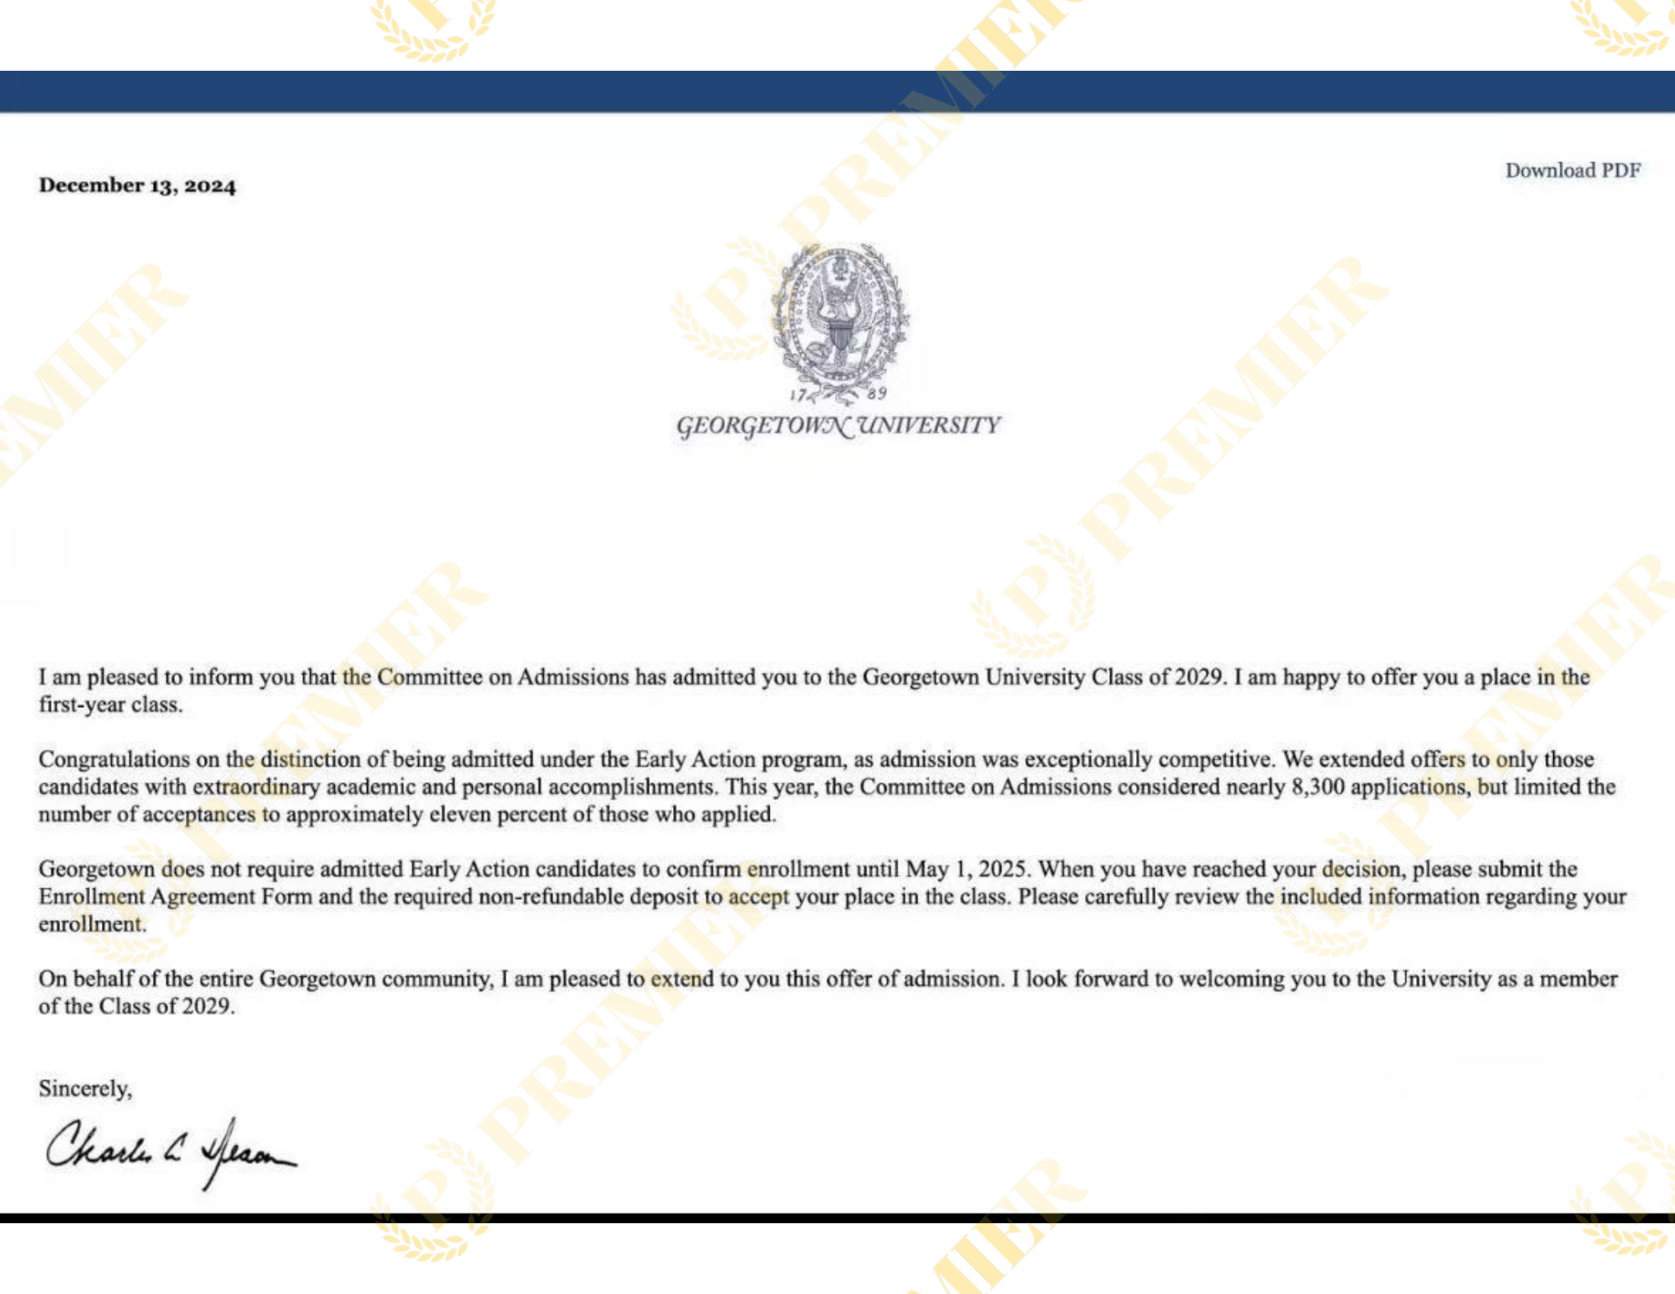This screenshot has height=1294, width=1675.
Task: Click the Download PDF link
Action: pos(1572,171)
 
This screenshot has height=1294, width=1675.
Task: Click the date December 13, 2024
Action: pos(137,186)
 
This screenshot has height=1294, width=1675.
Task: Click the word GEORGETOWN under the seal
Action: pos(763,425)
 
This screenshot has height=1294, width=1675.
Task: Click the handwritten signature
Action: pos(171,1152)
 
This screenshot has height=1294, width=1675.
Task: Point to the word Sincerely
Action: pos(85,1088)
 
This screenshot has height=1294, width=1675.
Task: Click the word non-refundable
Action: pos(551,897)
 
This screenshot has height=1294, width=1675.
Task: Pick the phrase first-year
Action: pos(82,705)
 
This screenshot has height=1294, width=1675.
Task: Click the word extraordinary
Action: pos(256,787)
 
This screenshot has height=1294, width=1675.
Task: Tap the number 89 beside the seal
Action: pos(877,394)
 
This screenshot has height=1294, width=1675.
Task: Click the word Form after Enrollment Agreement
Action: pos(286,897)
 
